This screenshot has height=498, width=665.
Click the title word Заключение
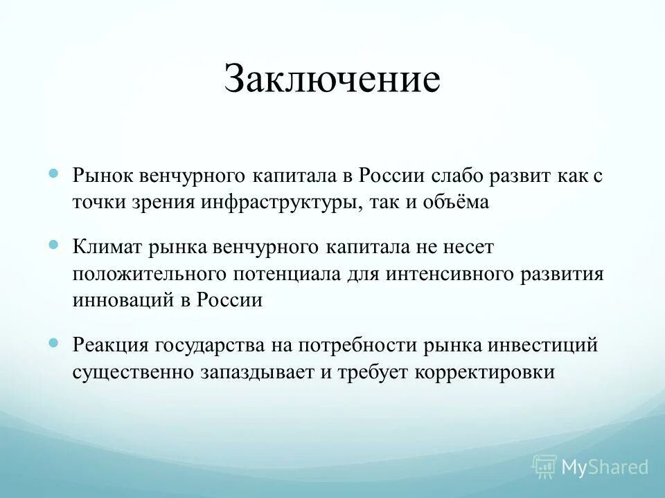(332, 80)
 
